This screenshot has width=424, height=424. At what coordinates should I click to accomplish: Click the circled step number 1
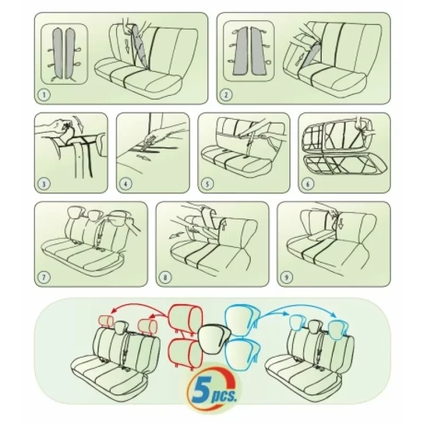(45, 95)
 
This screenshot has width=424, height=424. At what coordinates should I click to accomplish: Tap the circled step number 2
(227, 95)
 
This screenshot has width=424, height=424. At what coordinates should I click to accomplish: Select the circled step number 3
(44, 184)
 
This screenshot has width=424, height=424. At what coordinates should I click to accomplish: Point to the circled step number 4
(126, 184)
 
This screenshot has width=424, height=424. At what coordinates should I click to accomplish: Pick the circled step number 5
(207, 184)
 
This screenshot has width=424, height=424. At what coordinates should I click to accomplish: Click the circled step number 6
(307, 184)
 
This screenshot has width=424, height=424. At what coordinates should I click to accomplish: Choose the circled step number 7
(45, 277)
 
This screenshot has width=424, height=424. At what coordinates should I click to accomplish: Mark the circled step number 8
(165, 277)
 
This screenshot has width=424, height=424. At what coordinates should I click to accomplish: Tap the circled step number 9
(287, 277)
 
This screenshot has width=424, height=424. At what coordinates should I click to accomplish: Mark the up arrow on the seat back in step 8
(223, 224)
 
